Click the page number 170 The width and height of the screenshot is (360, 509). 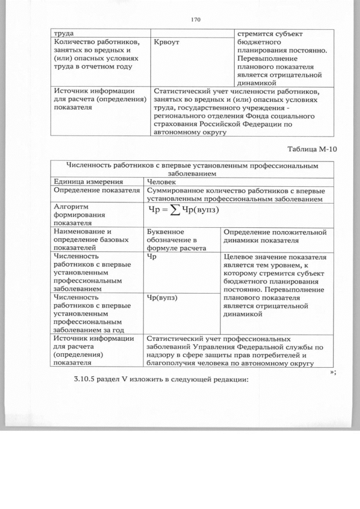(196, 20)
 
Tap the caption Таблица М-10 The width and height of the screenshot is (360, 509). (312, 149)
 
